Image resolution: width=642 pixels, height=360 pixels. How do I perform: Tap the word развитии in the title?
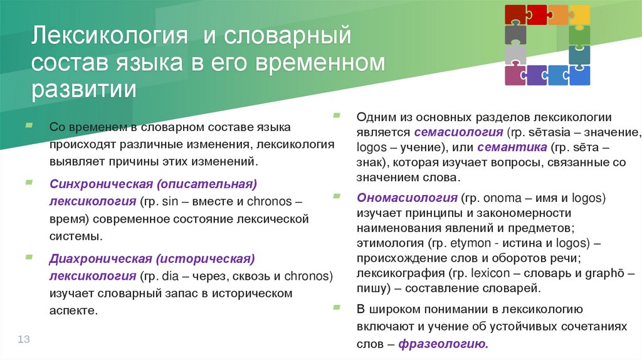tap(84, 88)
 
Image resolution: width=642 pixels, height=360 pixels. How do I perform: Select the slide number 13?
tap(24, 339)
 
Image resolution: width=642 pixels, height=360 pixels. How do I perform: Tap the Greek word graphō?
tap(607, 273)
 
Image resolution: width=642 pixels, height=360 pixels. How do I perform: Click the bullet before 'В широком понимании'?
tap(337, 307)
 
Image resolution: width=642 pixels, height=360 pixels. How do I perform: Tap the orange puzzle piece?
tap(557, 14)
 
